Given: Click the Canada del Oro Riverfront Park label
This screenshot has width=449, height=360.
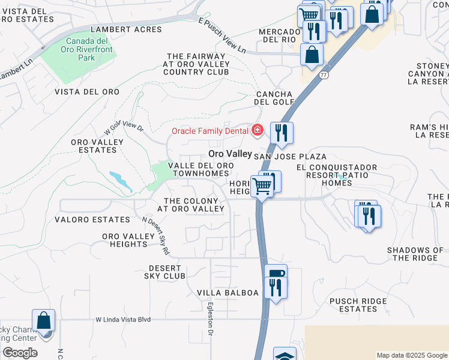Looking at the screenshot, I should point(87,49).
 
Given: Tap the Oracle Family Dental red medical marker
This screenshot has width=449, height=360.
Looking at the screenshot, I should point(258,130).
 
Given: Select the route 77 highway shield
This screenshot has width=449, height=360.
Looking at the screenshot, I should point(324,75).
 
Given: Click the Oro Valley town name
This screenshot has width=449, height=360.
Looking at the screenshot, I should point(230,154).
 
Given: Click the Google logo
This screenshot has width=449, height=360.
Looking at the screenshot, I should point(20,353).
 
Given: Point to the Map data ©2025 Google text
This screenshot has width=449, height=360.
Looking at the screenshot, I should point(411,355).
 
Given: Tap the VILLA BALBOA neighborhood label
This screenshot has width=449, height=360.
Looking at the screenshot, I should point(228,293).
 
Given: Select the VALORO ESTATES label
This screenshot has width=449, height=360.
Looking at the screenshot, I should point(92,220).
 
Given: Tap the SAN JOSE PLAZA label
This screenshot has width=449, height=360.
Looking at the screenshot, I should point(290,156).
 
